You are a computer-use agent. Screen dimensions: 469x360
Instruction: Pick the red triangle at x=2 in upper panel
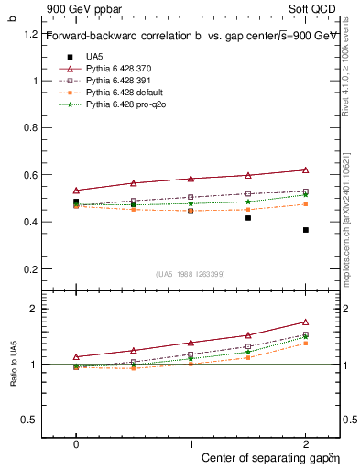[x=305, y=170]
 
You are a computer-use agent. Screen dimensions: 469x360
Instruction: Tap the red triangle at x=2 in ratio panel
[x=305, y=322]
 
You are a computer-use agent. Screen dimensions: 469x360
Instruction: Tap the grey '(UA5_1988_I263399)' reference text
[x=191, y=274]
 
